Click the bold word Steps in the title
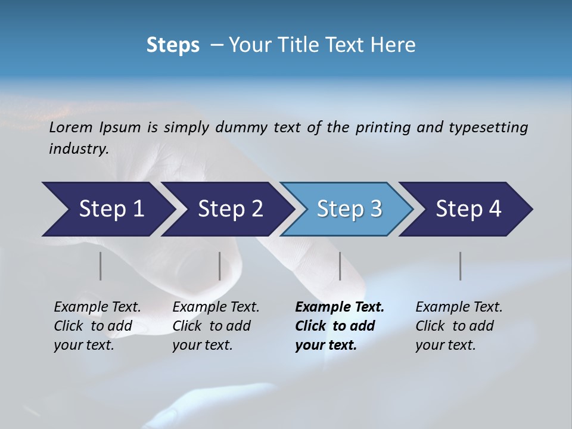coord(173,45)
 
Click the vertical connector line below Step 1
coord(100,266)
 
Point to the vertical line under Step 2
coord(219,266)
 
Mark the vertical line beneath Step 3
coord(340,266)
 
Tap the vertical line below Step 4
coord(460,266)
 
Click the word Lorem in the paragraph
coord(71,128)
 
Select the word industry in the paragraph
coord(77,149)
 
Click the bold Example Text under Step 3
coord(340,307)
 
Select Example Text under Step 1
coord(97,307)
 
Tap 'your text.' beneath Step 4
coord(445,345)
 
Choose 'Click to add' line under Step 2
coord(212,327)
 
